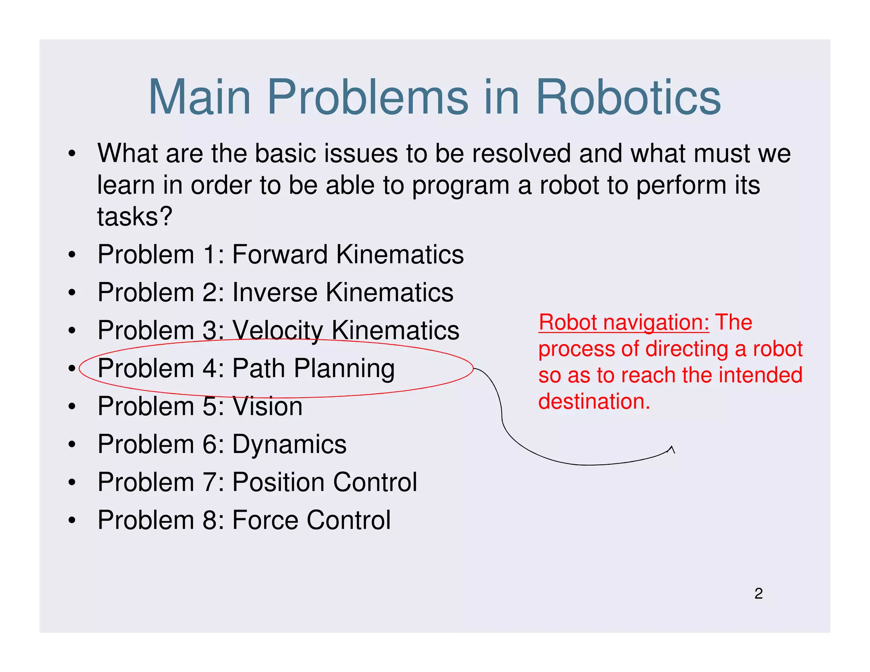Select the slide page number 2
[x=758, y=593]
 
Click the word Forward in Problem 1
[x=280, y=254]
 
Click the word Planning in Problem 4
[x=344, y=368]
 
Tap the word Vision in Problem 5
[x=267, y=406]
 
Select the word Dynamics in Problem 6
[x=289, y=444]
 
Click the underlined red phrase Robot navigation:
[x=624, y=322]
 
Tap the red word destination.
[x=594, y=401]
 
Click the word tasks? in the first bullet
[x=135, y=217]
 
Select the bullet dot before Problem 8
[x=72, y=520]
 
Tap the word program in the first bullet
[x=461, y=186]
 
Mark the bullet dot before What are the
[x=72, y=154]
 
